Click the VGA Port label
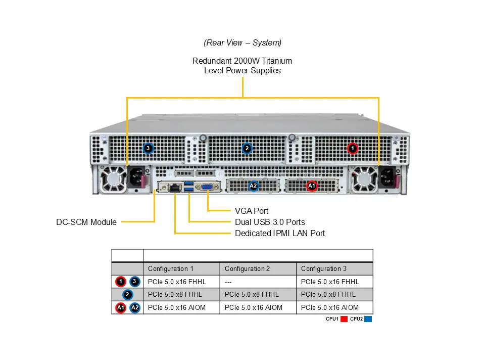click(x=252, y=211)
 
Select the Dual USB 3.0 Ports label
click(x=270, y=222)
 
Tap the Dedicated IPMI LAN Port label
click(x=280, y=233)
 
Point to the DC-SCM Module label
click(x=86, y=222)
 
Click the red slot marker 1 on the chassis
click(x=353, y=148)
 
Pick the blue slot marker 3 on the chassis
click(x=148, y=148)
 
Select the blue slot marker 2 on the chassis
click(x=247, y=148)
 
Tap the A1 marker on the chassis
click(x=312, y=186)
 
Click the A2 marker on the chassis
click(x=254, y=186)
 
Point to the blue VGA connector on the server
click(x=207, y=187)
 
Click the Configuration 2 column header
click(x=247, y=269)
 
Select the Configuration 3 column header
click(x=324, y=269)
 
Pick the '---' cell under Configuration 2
click(x=229, y=282)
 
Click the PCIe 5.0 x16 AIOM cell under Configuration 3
click(x=329, y=307)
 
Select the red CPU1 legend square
click(x=345, y=319)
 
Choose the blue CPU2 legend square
click(x=368, y=319)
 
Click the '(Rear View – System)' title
click(x=243, y=43)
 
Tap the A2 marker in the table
click(x=134, y=307)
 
